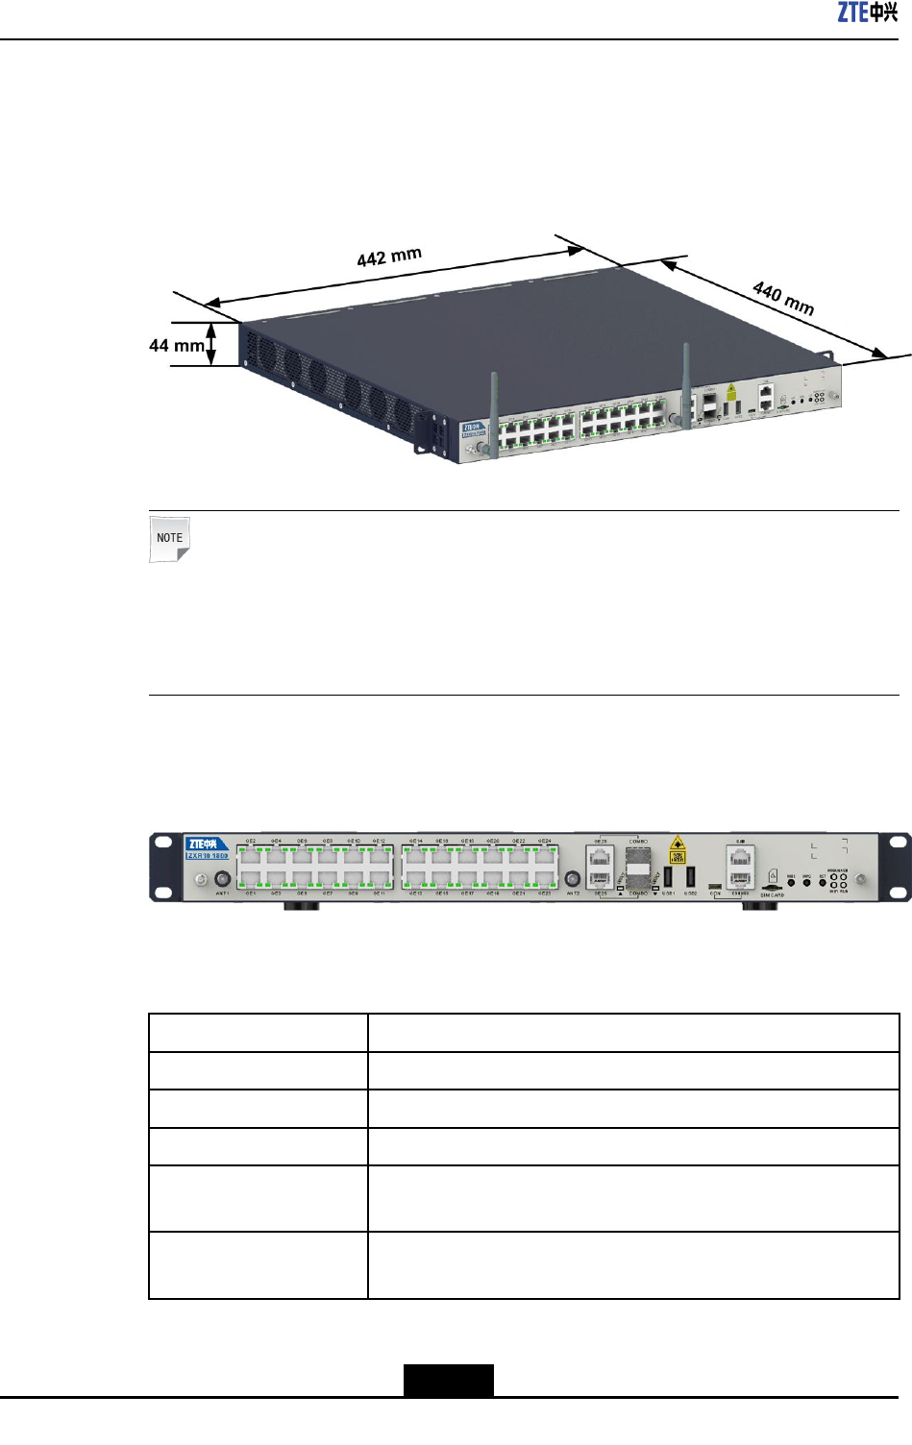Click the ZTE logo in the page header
coord(867,12)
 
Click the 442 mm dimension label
coord(389,257)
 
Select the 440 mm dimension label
coord(783,298)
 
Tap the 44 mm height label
coord(177,345)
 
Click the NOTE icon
coord(170,539)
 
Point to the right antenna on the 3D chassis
coord(686,384)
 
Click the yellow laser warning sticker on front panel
coord(678,849)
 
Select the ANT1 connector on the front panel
coord(222,879)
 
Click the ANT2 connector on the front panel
coord(573,879)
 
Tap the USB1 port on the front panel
coord(668,876)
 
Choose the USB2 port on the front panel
coord(690,876)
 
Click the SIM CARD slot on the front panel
coord(771,888)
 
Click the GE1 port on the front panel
coord(251,878)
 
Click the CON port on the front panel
coord(714,886)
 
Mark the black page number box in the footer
coord(449,1380)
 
